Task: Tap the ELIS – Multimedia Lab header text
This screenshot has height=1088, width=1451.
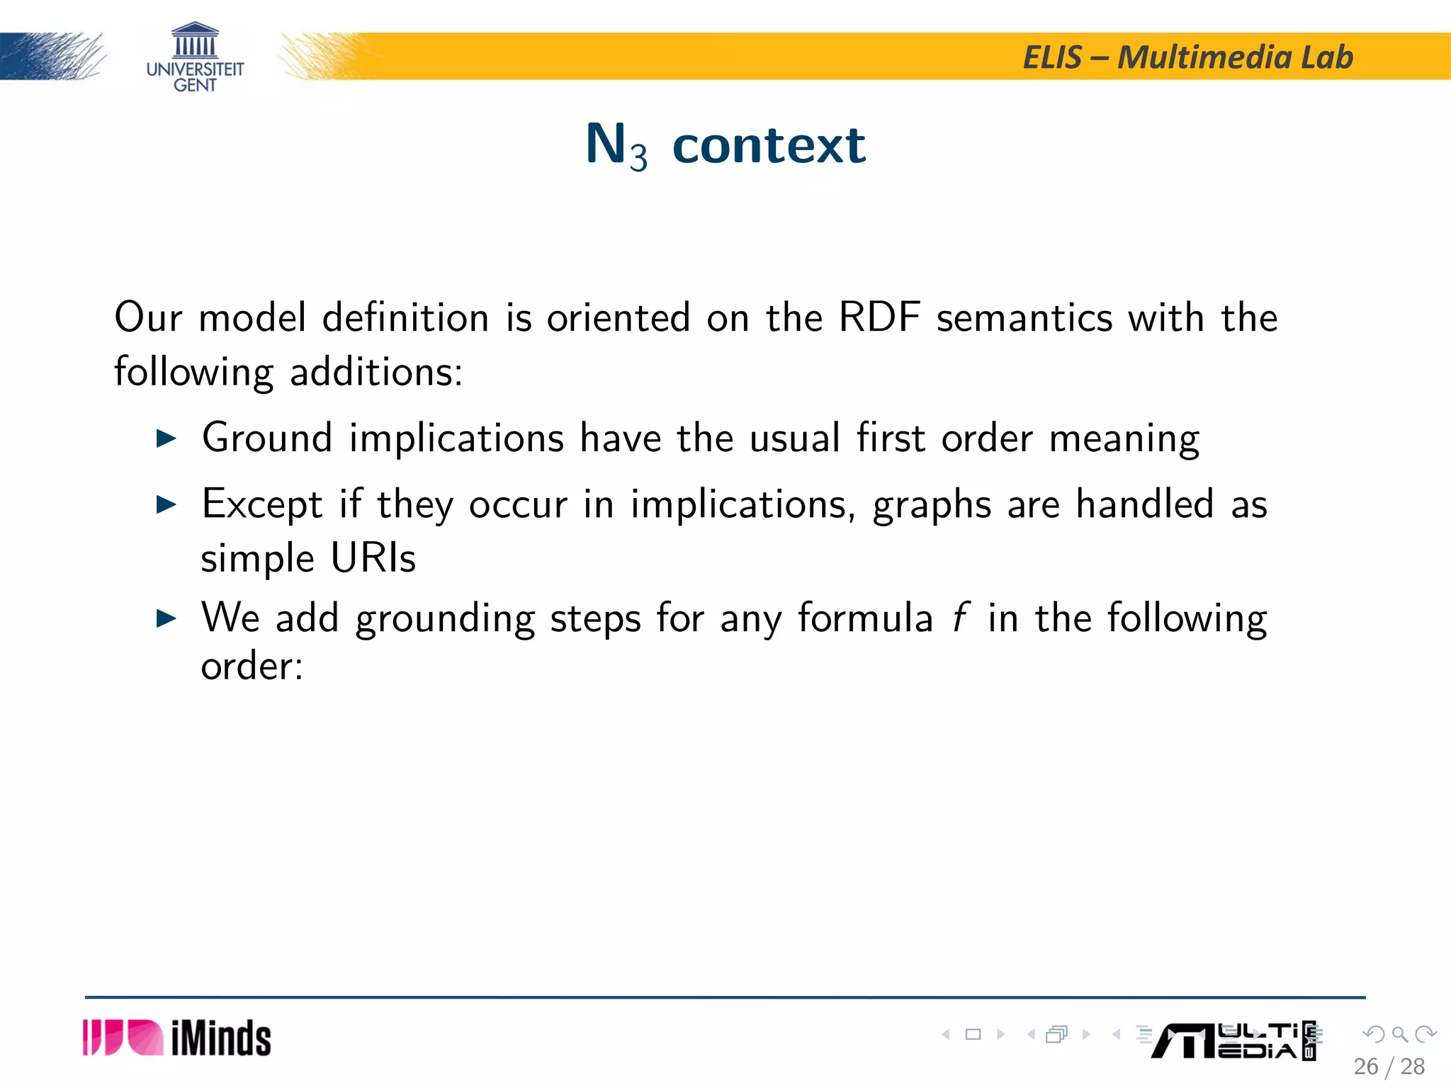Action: tap(1188, 57)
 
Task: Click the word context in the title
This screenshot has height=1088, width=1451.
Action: tap(769, 145)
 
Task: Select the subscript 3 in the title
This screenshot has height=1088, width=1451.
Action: tap(638, 157)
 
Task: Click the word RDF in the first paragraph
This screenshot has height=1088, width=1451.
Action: tap(879, 317)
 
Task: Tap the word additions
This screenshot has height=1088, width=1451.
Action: tap(376, 372)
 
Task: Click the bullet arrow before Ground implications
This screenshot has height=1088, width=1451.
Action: tap(166, 438)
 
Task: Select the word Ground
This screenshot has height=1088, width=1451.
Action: tap(267, 437)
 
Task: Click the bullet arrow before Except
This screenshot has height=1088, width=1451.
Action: tap(166, 504)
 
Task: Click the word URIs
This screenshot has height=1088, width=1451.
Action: tap(373, 558)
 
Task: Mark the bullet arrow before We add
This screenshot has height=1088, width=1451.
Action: tap(166, 618)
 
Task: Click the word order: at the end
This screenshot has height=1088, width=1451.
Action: tap(252, 667)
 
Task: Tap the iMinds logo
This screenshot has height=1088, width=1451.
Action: tap(177, 1038)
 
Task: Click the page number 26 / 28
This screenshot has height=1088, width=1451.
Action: tap(1389, 1067)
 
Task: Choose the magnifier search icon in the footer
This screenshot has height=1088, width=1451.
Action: tap(1399, 1034)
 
